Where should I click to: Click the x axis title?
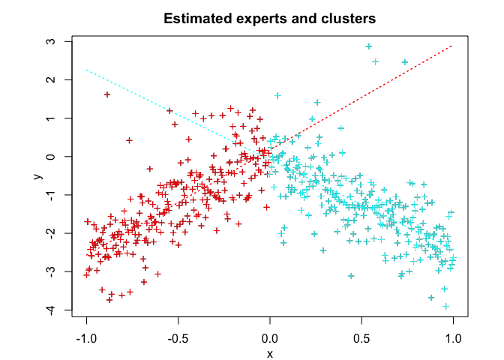pos(270,353)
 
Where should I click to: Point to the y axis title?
pos(35,175)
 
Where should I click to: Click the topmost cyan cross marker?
pos(369,46)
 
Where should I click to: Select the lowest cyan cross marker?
pos(446,306)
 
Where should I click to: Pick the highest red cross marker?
pos(107,94)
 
